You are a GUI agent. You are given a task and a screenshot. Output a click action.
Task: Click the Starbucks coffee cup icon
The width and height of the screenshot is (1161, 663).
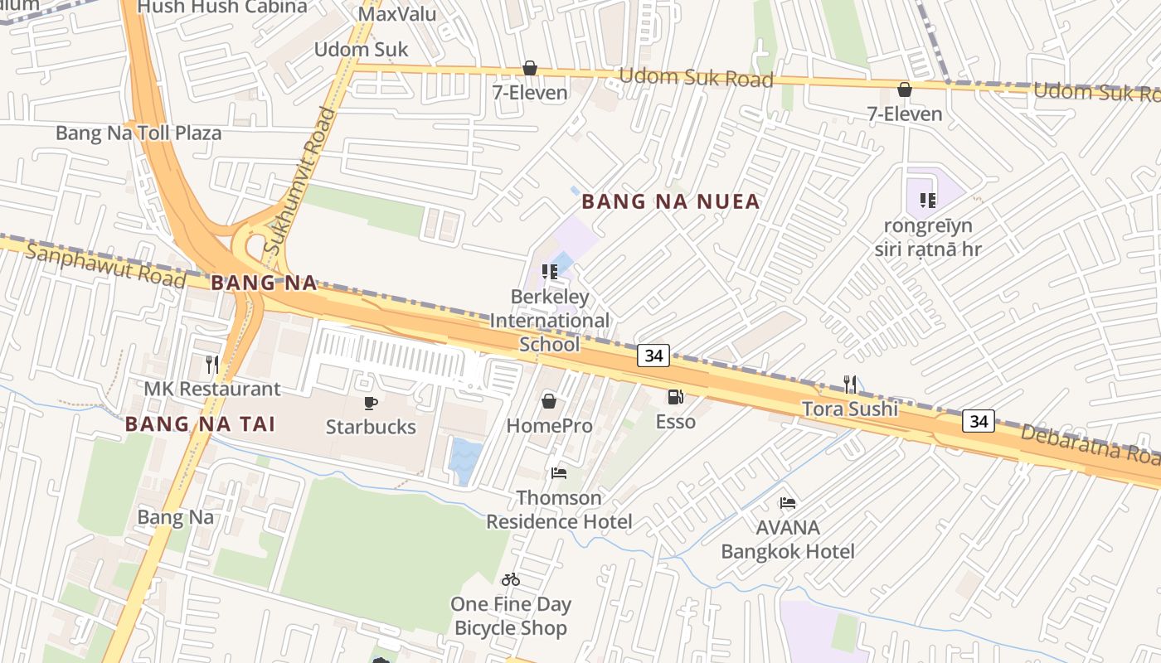tap(371, 403)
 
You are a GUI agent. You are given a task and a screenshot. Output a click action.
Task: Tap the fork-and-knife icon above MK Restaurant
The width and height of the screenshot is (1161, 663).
tap(212, 364)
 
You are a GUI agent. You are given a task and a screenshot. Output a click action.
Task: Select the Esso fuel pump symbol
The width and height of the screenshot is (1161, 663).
tap(676, 397)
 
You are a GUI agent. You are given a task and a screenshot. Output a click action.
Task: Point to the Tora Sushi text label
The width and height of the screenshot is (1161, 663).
tap(850, 409)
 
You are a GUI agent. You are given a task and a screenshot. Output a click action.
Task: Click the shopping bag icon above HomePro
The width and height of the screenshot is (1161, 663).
tap(549, 402)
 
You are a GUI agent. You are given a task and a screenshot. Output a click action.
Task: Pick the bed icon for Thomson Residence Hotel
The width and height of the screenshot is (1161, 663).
tap(559, 473)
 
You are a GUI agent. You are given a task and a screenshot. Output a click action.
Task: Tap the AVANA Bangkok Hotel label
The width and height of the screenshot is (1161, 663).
tap(788, 540)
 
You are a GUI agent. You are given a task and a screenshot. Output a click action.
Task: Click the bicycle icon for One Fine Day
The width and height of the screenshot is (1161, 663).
tap(511, 579)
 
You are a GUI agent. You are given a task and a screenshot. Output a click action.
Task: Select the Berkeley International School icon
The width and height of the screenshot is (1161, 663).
tap(549, 272)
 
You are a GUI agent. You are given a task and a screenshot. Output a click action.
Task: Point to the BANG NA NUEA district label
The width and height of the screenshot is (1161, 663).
tap(671, 201)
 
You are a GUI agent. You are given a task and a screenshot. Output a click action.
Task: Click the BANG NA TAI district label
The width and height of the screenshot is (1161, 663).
tap(199, 424)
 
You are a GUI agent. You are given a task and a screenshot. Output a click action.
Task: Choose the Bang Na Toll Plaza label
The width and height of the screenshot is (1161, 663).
tap(138, 133)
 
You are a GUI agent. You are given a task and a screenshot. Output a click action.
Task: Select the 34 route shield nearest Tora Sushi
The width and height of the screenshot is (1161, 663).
tap(979, 421)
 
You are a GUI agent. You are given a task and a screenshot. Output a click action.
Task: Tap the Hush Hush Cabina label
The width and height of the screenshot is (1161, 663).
tap(221, 7)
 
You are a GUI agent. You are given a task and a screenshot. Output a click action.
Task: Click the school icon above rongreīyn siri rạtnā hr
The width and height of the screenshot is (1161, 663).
tap(927, 200)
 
